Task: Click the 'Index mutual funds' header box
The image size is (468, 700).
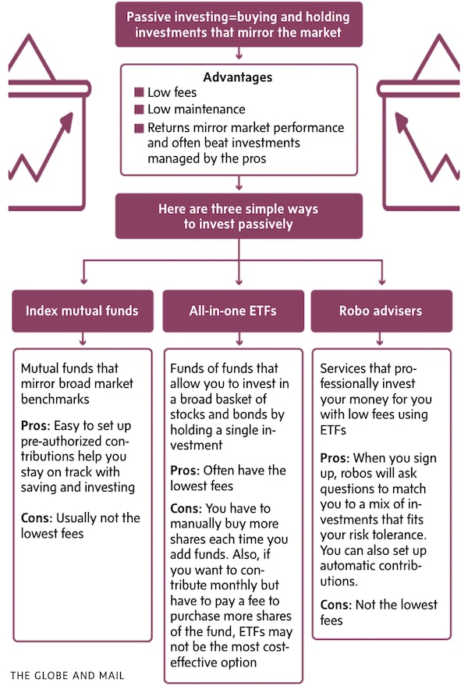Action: click(x=82, y=311)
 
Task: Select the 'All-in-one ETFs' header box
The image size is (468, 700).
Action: click(x=232, y=311)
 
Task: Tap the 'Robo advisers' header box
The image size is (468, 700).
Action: click(x=381, y=311)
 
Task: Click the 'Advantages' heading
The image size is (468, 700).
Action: click(x=238, y=77)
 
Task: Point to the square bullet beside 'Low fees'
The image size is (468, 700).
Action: click(x=140, y=93)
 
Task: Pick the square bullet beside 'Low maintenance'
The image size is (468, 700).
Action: click(x=140, y=110)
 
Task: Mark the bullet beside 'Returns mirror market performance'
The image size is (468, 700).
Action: click(x=140, y=128)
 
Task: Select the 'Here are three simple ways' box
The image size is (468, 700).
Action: click(x=238, y=216)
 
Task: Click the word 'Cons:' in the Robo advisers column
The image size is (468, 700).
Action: click(x=337, y=605)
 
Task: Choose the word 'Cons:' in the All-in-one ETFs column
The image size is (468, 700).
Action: click(x=186, y=509)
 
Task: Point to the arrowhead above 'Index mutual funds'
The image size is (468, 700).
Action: click(x=83, y=282)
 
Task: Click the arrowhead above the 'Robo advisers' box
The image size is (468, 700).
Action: click(x=381, y=282)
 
